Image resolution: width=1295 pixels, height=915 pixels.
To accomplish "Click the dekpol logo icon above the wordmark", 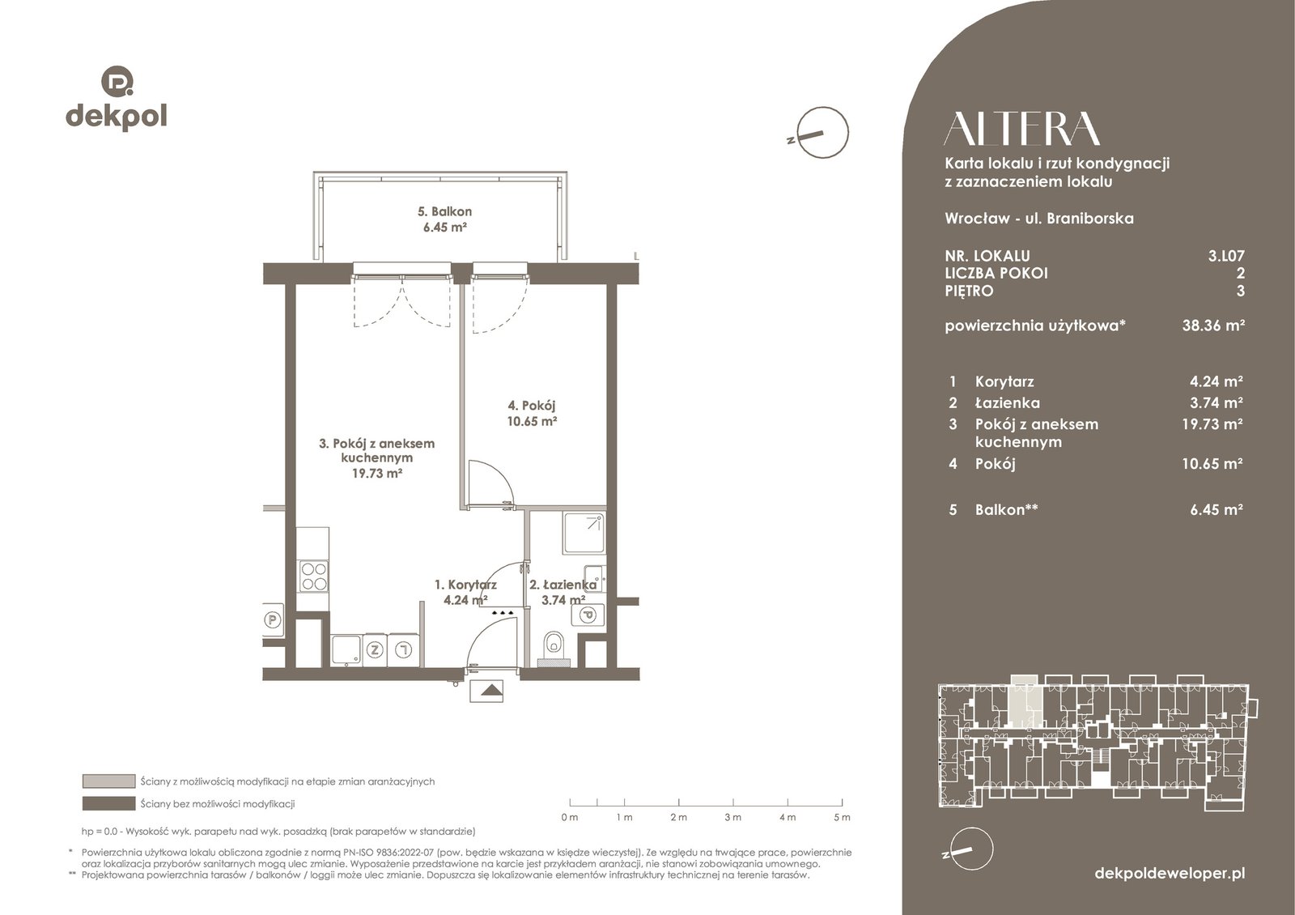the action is click(117, 81).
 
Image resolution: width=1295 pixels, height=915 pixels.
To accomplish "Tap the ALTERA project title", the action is click(1021, 129).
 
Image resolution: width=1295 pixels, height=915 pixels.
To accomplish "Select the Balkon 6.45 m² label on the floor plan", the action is click(444, 219).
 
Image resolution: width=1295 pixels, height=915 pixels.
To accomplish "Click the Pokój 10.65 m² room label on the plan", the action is click(532, 413).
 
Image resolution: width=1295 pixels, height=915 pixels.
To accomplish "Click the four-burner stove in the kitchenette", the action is click(314, 576).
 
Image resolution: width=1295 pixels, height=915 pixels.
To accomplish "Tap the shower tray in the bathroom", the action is click(584, 533).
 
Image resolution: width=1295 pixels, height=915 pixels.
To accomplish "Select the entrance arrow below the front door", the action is click(486, 690).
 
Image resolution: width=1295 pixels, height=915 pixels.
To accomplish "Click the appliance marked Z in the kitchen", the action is click(375, 649).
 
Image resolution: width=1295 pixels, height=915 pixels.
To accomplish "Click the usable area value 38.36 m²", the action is click(1213, 325).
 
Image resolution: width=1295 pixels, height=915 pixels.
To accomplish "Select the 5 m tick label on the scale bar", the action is click(843, 817).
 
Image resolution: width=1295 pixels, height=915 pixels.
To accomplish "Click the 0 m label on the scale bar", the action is click(570, 817).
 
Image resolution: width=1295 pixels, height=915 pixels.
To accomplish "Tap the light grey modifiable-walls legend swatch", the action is click(108, 781).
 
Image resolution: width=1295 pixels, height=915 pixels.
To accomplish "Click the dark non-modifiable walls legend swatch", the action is click(108, 803).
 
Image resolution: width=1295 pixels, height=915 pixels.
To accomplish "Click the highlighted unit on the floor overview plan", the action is click(1024, 700).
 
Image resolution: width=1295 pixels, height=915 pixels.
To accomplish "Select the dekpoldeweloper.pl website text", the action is click(1170, 874).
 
